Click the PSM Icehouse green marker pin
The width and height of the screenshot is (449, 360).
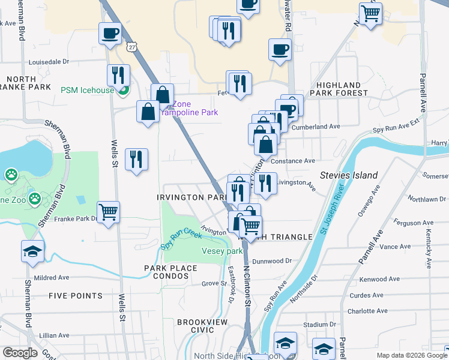coord(123,91)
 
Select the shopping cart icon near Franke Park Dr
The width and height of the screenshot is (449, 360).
coord(109,212)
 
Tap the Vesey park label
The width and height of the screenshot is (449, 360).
coord(221,251)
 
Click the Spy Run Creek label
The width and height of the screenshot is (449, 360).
coord(181,239)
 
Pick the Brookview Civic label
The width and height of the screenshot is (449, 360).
coord(196,326)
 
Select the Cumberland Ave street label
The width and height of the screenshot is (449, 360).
coord(316,127)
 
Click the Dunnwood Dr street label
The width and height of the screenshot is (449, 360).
coord(271,261)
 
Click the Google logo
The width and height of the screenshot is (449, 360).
coord(20,353)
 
